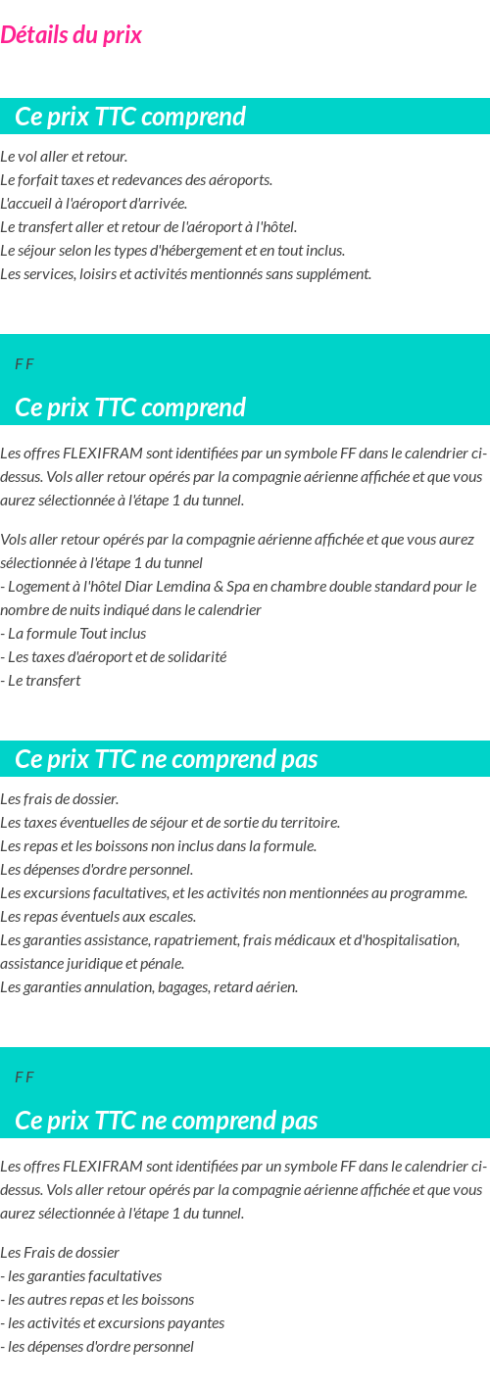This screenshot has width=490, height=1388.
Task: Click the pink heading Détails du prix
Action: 71,35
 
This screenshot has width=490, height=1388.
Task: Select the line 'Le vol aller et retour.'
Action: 64,157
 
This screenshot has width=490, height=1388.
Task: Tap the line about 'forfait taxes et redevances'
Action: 136,180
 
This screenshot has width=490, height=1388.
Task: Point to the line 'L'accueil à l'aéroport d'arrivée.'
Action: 93,204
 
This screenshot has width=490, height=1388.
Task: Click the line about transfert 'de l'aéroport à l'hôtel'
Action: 148,227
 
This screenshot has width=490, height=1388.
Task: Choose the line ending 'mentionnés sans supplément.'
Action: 185,274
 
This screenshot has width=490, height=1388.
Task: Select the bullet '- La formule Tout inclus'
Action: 73,634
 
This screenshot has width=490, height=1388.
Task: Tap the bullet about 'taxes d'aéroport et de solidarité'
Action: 114,657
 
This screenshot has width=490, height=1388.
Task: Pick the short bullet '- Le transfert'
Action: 41,681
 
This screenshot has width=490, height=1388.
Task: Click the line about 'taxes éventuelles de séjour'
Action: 170,823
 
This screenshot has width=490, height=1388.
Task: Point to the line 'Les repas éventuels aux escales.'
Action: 98,917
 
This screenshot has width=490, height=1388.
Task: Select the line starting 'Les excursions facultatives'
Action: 233,893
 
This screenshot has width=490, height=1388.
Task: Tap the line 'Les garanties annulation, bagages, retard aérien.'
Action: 149,987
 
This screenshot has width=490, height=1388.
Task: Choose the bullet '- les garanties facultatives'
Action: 81,1276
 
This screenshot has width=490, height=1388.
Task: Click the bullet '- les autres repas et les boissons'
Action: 97,1300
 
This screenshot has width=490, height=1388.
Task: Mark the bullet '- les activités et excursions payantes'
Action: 113,1323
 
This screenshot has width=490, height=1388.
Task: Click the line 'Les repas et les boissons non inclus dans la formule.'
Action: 158,846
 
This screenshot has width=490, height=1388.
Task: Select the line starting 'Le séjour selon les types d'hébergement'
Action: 172,251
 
